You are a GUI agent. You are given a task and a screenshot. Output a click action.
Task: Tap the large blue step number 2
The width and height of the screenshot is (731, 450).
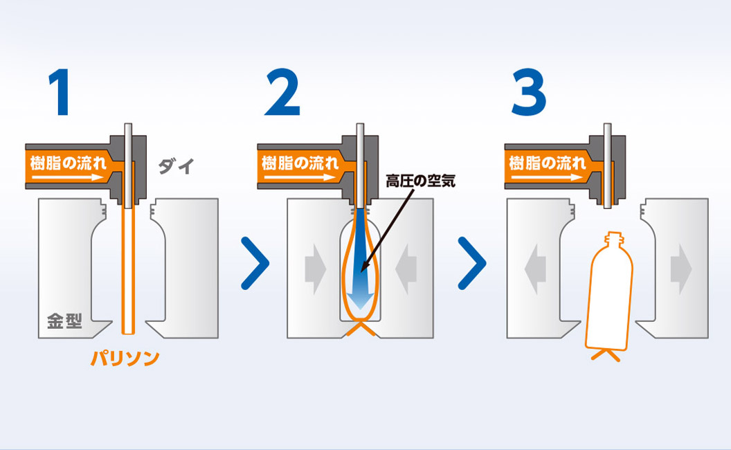coord(282,92)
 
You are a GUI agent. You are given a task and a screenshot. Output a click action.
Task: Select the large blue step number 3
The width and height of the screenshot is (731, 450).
coord(529,92)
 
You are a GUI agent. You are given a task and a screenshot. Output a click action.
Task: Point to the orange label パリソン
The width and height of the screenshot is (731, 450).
coord(125,358)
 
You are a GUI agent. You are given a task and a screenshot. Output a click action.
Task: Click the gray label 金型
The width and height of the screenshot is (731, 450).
coord(65,321)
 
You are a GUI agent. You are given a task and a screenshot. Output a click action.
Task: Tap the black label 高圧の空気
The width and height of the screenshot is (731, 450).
coord(420,181)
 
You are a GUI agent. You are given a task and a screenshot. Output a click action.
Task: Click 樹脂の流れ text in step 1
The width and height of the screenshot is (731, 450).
coord(69,163)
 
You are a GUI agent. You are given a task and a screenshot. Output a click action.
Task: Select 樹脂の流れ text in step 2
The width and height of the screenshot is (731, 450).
coord(300,163)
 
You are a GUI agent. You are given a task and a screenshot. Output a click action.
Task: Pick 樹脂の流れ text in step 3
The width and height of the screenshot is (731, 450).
coord(548,163)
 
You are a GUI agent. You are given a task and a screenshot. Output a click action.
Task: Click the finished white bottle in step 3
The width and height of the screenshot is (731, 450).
coord(610,294)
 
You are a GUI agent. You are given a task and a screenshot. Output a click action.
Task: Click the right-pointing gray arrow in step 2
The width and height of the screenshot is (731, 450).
coord(316,269)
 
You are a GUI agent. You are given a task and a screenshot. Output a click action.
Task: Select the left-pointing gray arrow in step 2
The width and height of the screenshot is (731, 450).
coord(406,269)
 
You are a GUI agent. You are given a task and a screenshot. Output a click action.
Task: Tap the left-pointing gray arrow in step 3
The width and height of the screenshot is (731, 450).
coord(535,269)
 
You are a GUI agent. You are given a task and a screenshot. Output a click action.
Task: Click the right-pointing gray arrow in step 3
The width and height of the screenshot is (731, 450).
coord(681,269)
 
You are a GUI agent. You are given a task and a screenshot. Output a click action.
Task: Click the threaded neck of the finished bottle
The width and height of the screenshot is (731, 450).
coord(613,240)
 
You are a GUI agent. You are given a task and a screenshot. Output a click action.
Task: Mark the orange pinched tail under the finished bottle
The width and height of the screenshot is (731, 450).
coord(606,356)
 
